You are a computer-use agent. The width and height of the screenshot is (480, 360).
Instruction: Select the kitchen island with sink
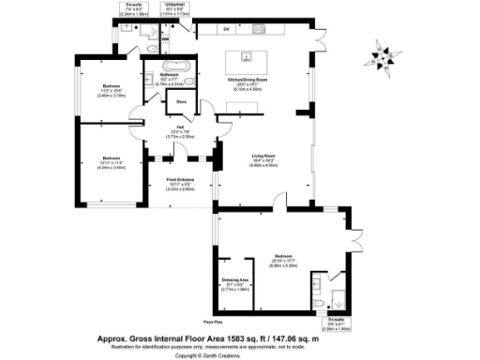click(x=252, y=58)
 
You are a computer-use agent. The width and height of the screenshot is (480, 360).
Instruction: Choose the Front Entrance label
click(x=180, y=180)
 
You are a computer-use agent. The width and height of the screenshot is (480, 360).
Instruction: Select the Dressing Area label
click(x=233, y=282)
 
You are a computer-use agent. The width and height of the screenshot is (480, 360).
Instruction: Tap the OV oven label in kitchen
click(x=226, y=29)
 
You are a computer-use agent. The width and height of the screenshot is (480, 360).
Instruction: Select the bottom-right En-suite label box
click(x=336, y=325)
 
